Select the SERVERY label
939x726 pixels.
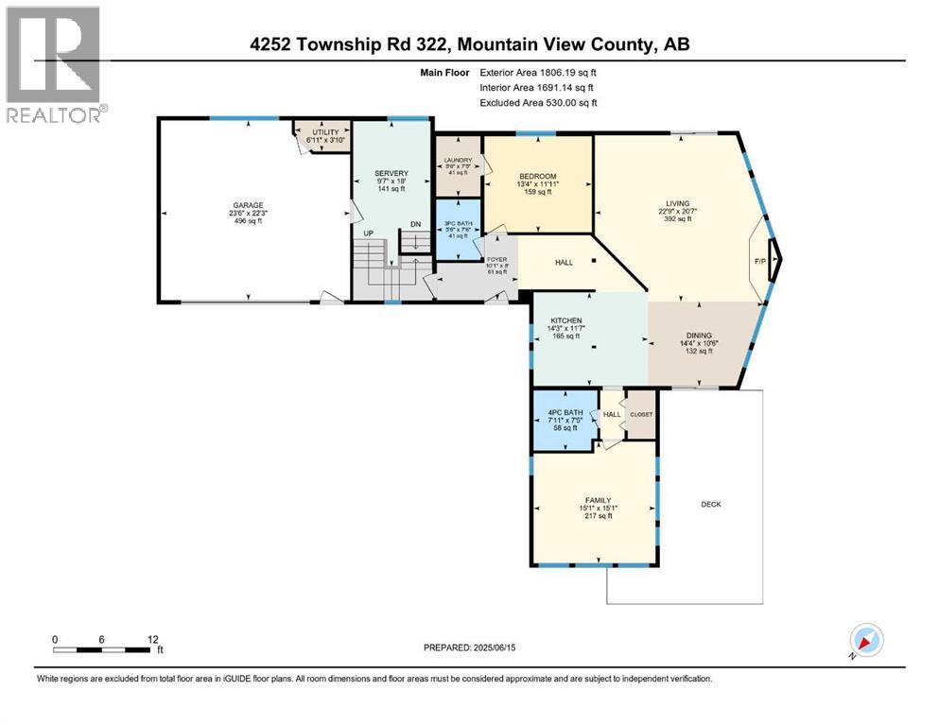coord(391,173)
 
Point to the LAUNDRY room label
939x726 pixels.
coord(458,160)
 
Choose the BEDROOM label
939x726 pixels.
coord(537,176)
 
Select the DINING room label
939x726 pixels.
coord(699,336)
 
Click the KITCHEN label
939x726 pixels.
coord(565,321)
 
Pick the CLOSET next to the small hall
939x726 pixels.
coord(641,414)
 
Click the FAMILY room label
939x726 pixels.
coord(597,500)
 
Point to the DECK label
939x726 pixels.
coord(711,504)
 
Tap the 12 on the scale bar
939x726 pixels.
coord(153,639)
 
